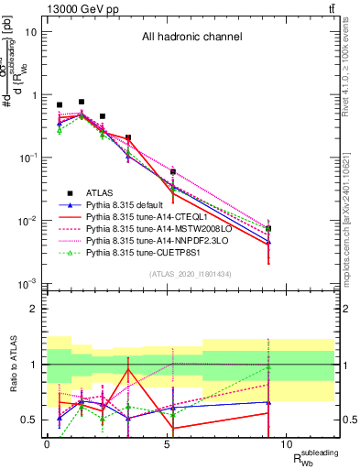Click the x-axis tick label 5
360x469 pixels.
tap(167, 444)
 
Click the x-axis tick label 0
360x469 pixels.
tap(47, 444)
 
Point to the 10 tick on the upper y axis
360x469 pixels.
tap(31, 31)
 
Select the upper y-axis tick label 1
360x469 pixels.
tap(34, 94)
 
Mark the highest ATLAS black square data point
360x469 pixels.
tap(82, 102)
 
